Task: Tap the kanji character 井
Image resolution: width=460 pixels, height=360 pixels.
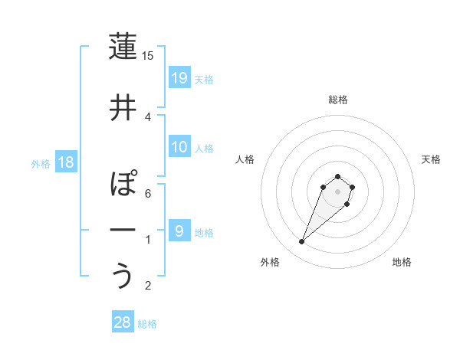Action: [x=123, y=108]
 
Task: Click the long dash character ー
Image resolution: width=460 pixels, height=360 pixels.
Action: [x=123, y=231]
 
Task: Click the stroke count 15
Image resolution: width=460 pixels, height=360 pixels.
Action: [x=148, y=56]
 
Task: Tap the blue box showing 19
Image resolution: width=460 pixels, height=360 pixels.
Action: [x=179, y=77]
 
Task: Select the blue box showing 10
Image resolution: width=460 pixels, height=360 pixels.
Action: [x=179, y=147]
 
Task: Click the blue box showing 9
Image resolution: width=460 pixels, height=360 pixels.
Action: [x=179, y=231]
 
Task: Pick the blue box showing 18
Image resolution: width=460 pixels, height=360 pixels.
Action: [x=65, y=162]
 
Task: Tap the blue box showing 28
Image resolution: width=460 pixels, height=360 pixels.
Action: [x=123, y=322]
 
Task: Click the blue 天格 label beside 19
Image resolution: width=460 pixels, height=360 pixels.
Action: [x=204, y=79]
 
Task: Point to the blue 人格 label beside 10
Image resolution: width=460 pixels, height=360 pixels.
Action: [x=204, y=149]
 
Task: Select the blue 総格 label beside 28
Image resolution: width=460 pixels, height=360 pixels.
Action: [x=147, y=324]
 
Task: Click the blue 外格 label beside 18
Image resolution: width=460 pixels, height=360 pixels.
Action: [x=40, y=164]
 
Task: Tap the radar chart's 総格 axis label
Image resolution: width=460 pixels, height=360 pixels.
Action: [x=337, y=100]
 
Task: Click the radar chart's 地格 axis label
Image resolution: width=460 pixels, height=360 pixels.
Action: [x=402, y=262]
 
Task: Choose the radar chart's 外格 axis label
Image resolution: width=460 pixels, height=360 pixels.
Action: [x=270, y=262]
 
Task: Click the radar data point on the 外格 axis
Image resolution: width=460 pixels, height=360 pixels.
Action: [x=302, y=242]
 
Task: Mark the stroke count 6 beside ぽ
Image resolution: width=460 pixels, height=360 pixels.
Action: [x=148, y=194]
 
